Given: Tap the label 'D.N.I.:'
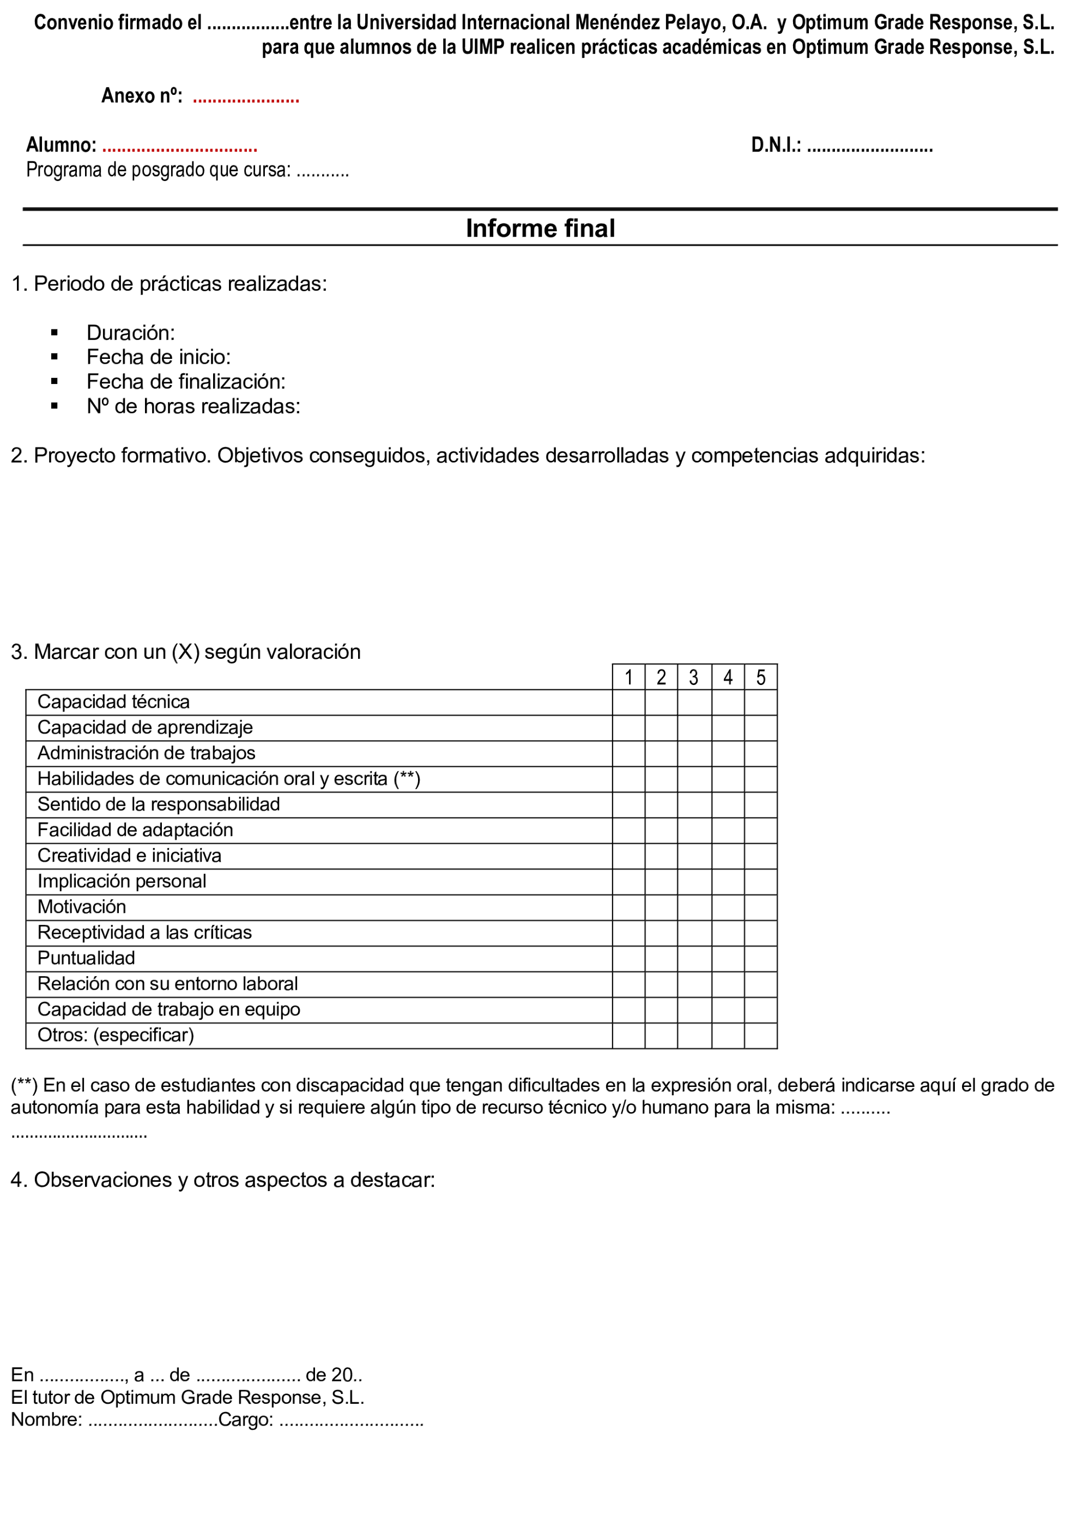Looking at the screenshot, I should [x=776, y=145].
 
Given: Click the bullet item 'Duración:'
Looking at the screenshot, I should [x=130, y=332].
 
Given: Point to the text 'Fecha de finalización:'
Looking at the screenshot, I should [x=186, y=381].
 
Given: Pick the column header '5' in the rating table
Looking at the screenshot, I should [x=760, y=677].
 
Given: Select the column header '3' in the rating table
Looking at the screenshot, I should [x=693, y=677].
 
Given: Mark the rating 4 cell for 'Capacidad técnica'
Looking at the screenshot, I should [x=728, y=702].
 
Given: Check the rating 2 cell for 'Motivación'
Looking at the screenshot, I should [x=661, y=908].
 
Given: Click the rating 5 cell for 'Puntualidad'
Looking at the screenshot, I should [x=760, y=959].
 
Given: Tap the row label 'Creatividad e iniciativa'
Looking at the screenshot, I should [x=129, y=856].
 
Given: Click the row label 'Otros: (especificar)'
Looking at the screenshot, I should [x=116, y=1035].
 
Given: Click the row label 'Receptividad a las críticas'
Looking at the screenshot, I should [x=144, y=933].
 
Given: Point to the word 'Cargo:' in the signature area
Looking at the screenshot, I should [x=245, y=1420].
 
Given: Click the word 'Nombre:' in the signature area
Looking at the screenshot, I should [x=46, y=1420].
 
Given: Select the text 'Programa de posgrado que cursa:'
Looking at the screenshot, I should [x=158, y=170].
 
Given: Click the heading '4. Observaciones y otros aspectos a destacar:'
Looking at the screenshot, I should [x=223, y=1180].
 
